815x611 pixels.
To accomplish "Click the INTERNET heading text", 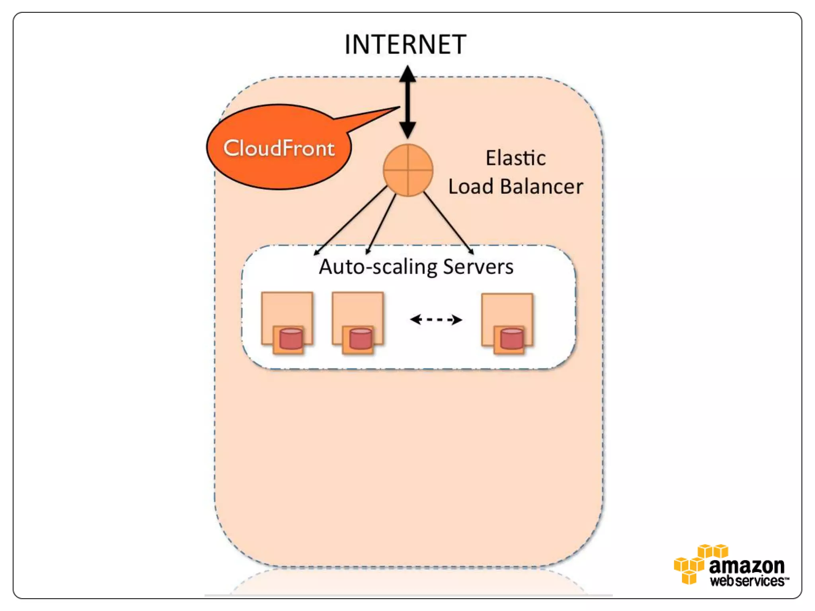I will [x=405, y=45].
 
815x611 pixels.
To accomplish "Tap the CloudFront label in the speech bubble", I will [x=279, y=148].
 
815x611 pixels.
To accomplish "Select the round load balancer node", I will [x=407, y=170].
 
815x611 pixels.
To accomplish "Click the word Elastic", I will [x=515, y=158].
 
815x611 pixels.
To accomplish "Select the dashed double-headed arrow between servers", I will [x=436, y=319].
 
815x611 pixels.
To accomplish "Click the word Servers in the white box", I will [x=478, y=267].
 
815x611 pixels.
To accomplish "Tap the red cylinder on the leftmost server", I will [x=291, y=339].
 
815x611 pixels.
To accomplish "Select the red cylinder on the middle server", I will [x=361, y=339].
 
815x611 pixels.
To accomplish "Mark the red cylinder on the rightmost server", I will [x=511, y=339].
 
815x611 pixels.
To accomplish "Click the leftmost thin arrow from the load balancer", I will [x=350, y=221].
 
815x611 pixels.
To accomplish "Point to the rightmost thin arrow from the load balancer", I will [x=448, y=223].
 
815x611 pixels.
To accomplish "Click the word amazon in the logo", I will [x=746, y=566].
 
